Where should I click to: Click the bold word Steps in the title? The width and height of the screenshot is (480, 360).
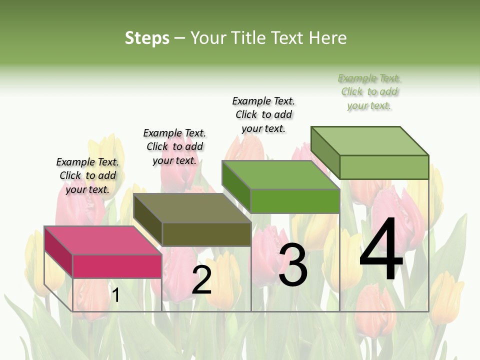tap(147, 38)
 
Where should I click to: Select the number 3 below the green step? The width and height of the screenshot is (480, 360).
tap(292, 265)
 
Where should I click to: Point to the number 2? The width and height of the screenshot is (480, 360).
tap(201, 280)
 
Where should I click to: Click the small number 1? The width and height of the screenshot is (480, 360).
tap(116, 295)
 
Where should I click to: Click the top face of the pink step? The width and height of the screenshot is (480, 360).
tap(102, 240)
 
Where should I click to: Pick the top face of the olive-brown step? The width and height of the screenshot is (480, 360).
tap(192, 208)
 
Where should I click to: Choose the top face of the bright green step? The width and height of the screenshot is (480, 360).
tap(280, 175)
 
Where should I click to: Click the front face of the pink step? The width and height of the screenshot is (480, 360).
tap(117, 266)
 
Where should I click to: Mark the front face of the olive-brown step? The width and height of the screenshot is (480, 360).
tap(206, 234)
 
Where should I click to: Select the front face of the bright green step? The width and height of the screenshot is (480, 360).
tap(295, 201)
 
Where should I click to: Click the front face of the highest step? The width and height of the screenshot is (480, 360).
tap(384, 167)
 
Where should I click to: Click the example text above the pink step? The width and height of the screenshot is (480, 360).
tap(87, 175)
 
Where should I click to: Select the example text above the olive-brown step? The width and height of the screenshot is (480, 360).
tap(174, 146)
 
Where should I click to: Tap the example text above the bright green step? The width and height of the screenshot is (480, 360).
tap(263, 114)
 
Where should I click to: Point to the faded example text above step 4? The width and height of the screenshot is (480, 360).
tap(369, 91)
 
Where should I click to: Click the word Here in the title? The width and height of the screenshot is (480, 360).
tap(328, 38)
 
